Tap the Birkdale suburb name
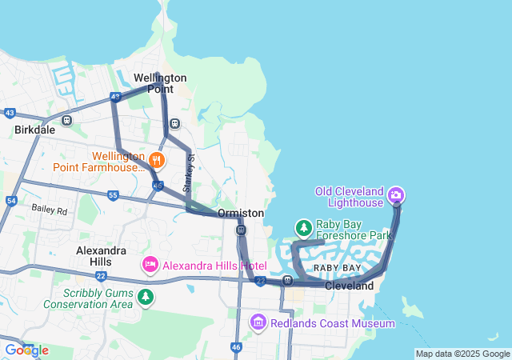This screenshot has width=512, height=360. click(34, 129)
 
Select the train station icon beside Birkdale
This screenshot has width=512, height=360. click(67, 122)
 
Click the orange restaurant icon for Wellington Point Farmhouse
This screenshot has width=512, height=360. click(156, 160)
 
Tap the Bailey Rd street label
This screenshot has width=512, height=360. click(50, 209)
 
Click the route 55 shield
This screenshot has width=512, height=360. click(113, 195)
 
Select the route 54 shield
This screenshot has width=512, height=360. click(11, 201)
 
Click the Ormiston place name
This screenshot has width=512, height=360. click(241, 214)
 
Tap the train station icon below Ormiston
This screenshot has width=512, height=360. click(241, 230)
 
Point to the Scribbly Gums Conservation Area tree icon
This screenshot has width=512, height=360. click(145, 298)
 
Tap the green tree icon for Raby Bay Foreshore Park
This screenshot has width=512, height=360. click(304, 229)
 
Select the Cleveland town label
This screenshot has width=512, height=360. click(349, 286)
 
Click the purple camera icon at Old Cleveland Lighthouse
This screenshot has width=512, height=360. click(395, 195)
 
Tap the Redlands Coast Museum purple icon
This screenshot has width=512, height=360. click(258, 322)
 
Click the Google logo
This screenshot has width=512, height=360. click(26, 350)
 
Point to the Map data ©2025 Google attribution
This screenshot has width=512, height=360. click(462, 354)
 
